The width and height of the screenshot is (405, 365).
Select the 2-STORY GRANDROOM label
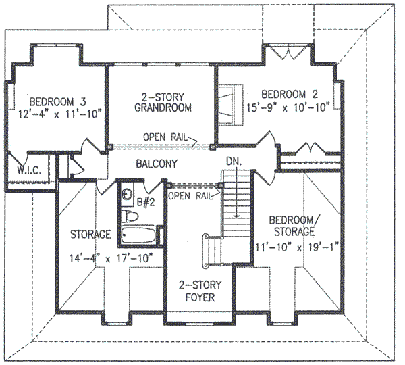163,101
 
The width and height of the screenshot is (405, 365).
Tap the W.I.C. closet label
26,172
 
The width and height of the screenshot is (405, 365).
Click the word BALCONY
156,164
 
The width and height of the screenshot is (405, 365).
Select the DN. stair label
233,162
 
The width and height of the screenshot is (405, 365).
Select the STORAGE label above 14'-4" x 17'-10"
90,234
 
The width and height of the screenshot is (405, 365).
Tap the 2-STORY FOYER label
198,290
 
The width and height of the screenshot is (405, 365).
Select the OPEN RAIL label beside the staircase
189,196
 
